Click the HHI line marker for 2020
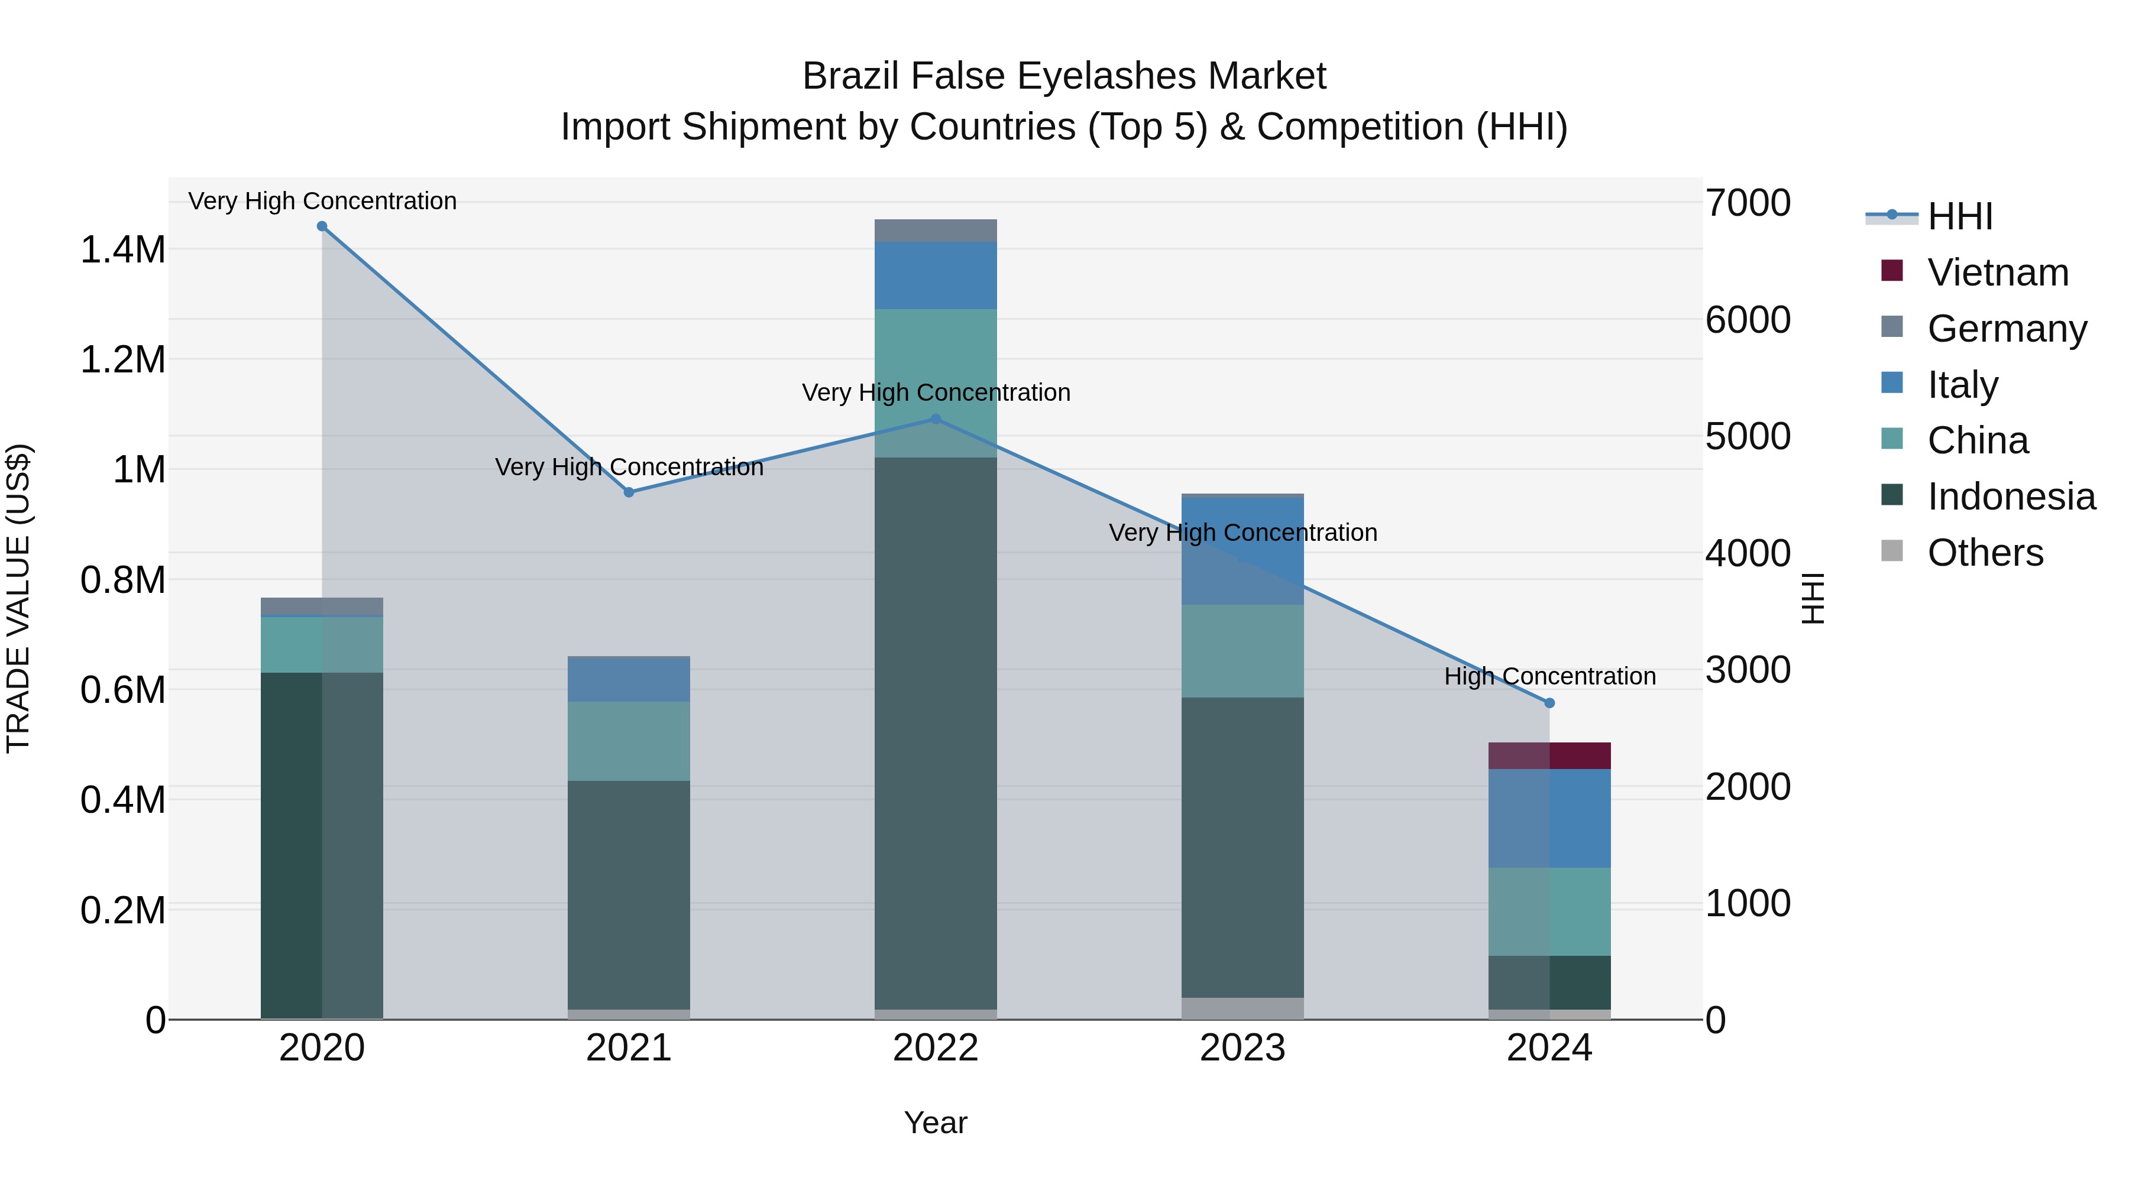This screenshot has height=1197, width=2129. pos(322,226)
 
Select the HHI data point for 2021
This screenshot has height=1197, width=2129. pos(629,492)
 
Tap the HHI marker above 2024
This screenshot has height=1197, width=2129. pos(1549,703)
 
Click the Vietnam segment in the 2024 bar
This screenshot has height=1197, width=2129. pos(1549,756)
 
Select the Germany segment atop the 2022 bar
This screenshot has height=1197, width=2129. pos(936,231)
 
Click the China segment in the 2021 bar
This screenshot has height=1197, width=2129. pos(629,741)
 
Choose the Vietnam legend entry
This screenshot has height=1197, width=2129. pos(1998,273)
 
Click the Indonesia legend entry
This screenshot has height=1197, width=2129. pos(2011,497)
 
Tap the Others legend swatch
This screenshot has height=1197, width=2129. pos(1892,551)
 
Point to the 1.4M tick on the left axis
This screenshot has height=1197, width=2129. pos(122,249)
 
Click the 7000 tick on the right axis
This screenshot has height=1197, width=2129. pos(1748,203)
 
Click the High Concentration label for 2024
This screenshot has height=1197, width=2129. pos(1549,677)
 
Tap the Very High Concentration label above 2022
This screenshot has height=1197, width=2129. pos(936,392)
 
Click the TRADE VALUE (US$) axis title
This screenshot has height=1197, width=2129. pos(18,598)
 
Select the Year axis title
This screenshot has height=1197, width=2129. pos(936,1123)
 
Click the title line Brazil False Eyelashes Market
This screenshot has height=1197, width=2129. pos(1064,76)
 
